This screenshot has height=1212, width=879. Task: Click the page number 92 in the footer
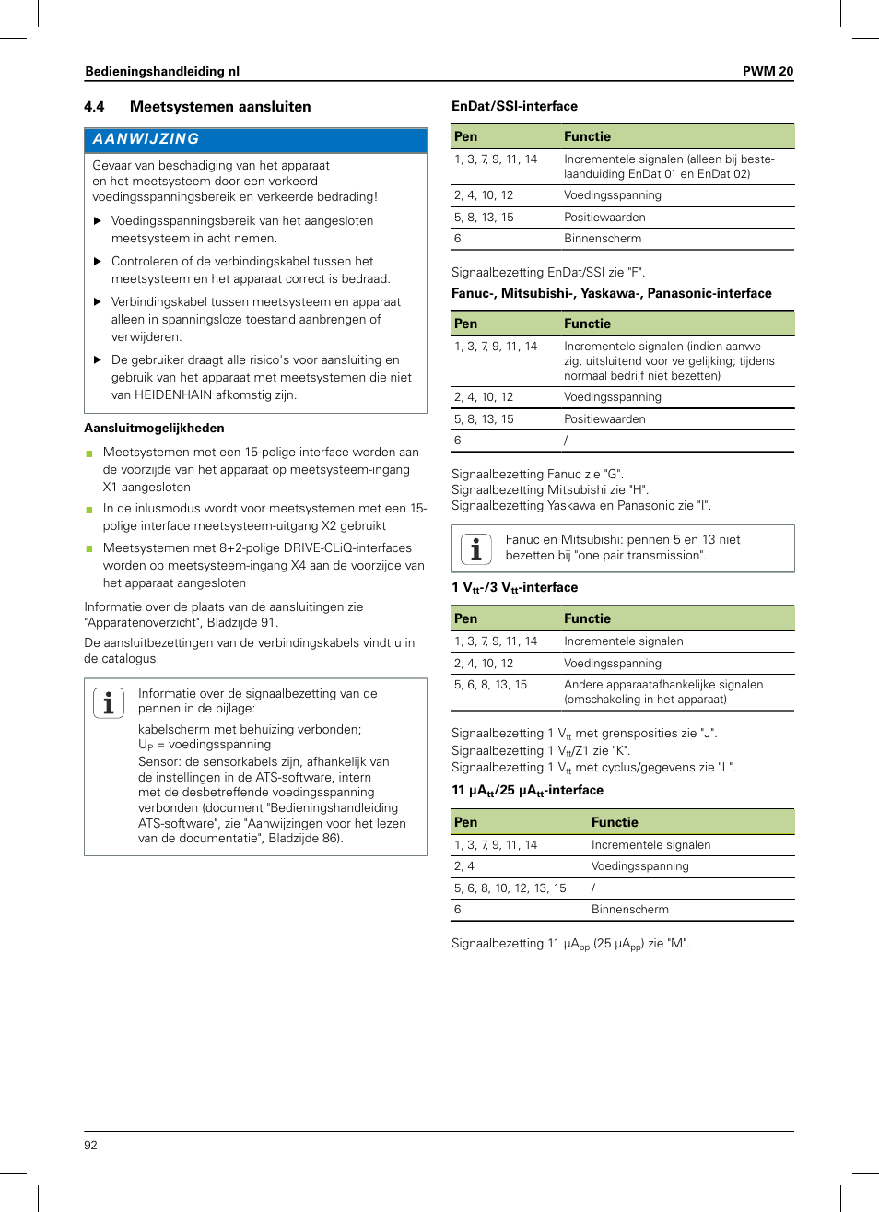click(x=90, y=1145)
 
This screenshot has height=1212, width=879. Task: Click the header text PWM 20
click(x=767, y=71)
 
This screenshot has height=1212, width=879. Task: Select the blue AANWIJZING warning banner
click(x=255, y=139)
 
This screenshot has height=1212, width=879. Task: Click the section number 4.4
click(x=94, y=107)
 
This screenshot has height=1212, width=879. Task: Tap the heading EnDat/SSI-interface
click(x=514, y=106)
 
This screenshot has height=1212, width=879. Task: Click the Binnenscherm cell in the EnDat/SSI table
click(x=603, y=239)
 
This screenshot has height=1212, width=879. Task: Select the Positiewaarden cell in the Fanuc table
click(x=604, y=419)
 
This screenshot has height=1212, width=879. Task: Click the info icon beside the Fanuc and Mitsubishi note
click(x=475, y=548)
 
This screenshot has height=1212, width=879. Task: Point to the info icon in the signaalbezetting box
click(x=109, y=703)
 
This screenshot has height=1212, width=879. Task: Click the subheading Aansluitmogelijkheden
click(x=154, y=428)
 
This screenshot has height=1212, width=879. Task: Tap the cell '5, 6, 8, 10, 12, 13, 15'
click(x=510, y=888)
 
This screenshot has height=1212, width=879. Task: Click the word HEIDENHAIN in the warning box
click(x=176, y=394)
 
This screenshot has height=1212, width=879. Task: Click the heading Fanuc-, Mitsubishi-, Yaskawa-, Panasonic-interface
click(x=611, y=293)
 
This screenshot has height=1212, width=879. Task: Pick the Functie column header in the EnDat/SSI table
click(x=587, y=136)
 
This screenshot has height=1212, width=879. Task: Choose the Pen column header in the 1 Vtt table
click(x=465, y=618)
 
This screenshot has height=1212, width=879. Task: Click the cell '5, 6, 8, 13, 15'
click(x=490, y=685)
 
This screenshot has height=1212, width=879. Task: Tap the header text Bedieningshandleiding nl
click(x=162, y=71)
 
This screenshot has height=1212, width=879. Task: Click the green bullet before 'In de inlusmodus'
click(x=89, y=510)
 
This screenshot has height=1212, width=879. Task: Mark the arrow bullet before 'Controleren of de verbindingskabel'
click(x=98, y=262)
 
